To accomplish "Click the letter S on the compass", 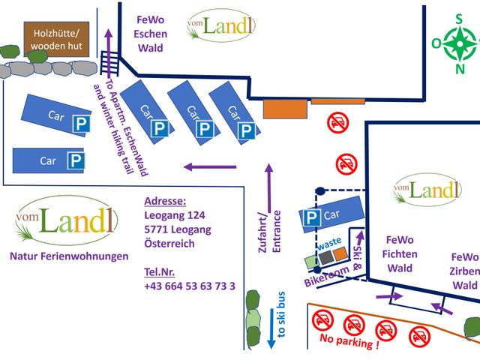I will (458, 19).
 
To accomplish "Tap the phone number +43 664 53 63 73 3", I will (189, 286).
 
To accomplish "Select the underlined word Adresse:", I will (164, 202).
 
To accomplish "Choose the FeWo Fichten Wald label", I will (400, 254).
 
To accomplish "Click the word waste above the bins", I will (329, 246).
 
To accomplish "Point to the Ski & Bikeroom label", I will (341, 266).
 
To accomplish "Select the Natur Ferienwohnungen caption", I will (69, 256).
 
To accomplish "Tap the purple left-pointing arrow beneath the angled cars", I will (210, 167).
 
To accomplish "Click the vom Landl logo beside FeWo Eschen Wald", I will (221, 25).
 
